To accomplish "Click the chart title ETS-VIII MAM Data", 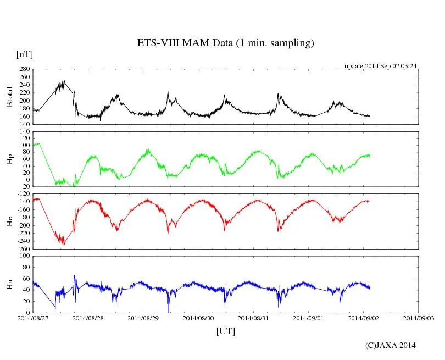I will point(225,43).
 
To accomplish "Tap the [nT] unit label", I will point(24,54).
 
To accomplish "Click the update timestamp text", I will point(381,66).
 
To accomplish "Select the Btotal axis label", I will point(9,97).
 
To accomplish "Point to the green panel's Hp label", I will point(9,159).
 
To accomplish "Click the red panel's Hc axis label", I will point(9,221).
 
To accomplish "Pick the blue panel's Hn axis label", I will point(9,284).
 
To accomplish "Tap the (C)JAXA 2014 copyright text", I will point(390,345).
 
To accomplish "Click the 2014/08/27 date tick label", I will point(34,318).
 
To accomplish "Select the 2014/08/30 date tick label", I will point(198,318).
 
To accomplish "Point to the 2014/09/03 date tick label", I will point(418,318).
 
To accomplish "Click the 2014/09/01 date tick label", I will point(308,318).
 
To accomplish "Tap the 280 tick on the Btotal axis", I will point(24,69).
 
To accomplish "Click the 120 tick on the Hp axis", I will point(24,132).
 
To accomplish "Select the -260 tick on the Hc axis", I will point(23,249).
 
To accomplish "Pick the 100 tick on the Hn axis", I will point(24,257).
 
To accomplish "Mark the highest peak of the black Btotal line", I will point(64,81).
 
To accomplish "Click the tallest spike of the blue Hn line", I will point(75,276).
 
